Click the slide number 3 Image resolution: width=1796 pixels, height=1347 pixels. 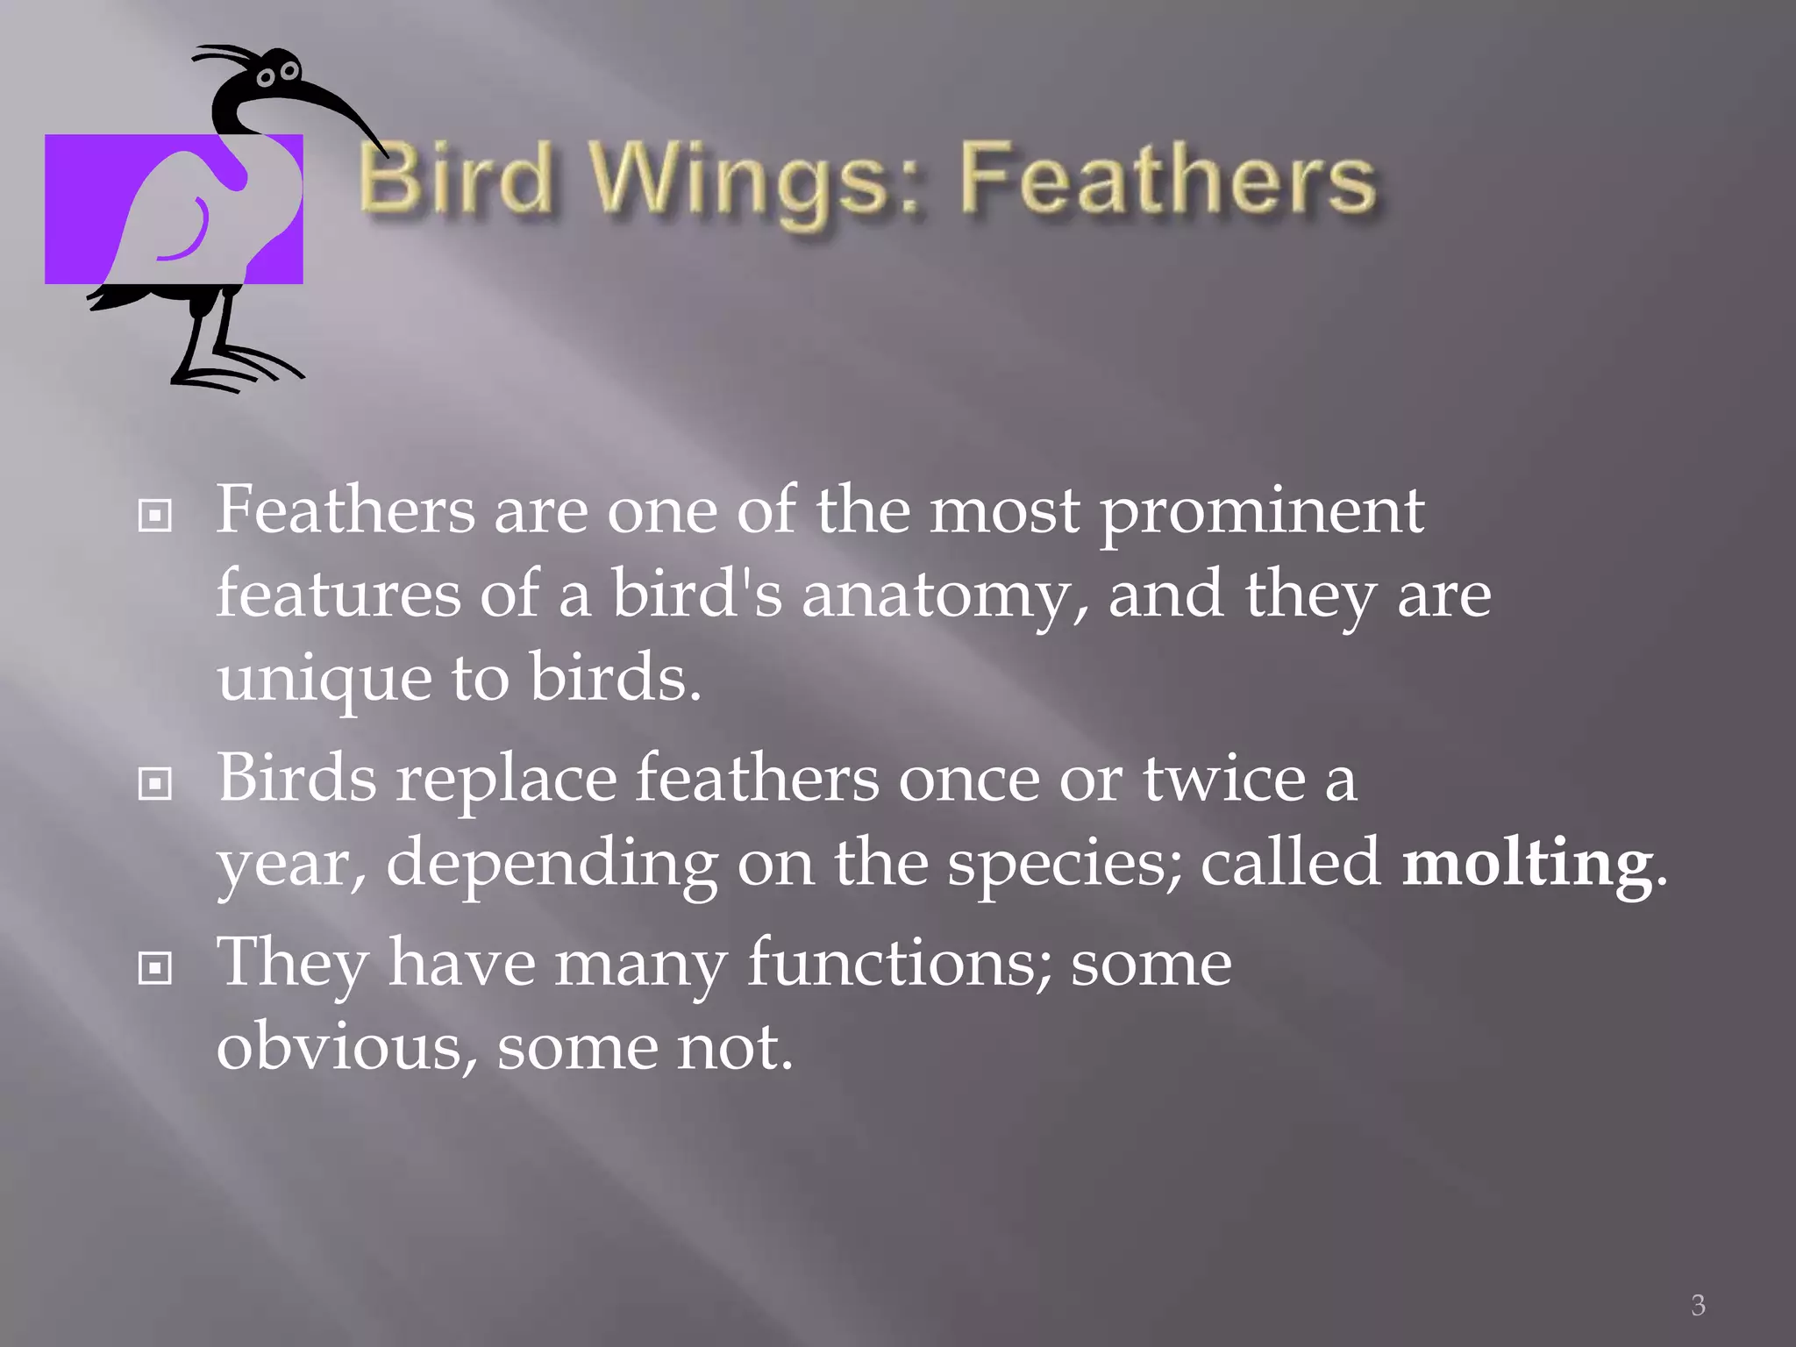pos(1698,1305)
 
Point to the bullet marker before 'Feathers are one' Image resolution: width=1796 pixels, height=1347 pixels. pos(155,516)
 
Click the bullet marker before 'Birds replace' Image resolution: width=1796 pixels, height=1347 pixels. pos(155,784)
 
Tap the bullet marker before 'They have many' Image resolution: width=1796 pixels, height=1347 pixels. pos(155,968)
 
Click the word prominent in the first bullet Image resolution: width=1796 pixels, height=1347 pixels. pos(1262,512)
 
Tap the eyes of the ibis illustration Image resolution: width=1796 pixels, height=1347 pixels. pos(277,74)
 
